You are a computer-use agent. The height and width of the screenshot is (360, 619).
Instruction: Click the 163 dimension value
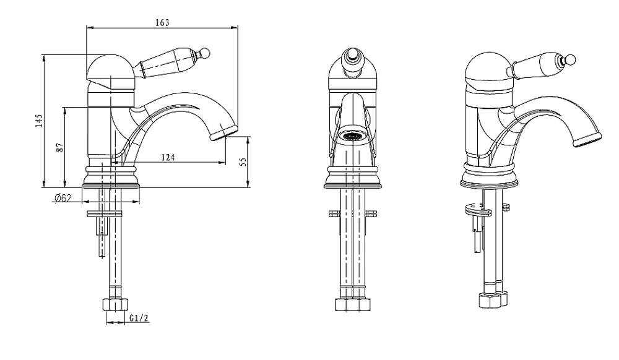coord(162,22)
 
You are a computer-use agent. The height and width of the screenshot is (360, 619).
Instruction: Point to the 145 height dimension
coord(38,121)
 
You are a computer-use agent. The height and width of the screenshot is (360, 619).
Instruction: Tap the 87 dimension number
coord(59,147)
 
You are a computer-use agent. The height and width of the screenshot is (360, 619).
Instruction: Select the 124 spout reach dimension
coord(168,157)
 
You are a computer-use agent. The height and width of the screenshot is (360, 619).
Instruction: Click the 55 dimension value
coord(243,161)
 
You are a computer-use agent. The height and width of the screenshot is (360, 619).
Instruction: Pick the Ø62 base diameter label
coord(63,198)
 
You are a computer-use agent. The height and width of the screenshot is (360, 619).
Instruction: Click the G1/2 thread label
coord(139,318)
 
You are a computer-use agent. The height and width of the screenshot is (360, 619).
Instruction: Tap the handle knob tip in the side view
coord(205,53)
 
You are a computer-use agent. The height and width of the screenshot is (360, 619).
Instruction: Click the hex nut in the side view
coord(116,305)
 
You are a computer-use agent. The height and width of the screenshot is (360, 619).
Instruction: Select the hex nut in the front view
coord(353,304)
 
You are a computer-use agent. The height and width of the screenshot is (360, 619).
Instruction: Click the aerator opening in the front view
coord(353,137)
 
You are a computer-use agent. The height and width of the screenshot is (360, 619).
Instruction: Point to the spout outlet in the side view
coord(224,132)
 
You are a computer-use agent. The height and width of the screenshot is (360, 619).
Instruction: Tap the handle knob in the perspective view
coord(569,60)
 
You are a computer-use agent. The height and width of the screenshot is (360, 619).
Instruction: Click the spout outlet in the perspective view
coord(587,140)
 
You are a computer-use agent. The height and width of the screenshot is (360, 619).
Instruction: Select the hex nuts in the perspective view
coord(493,299)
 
